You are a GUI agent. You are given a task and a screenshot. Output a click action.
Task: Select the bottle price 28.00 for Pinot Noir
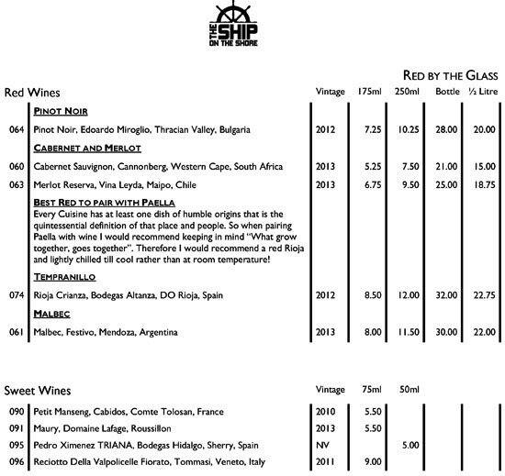click(x=446, y=129)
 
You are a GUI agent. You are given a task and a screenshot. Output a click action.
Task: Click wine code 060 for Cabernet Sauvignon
click(x=14, y=166)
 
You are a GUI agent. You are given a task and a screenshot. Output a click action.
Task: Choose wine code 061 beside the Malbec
click(x=14, y=331)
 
